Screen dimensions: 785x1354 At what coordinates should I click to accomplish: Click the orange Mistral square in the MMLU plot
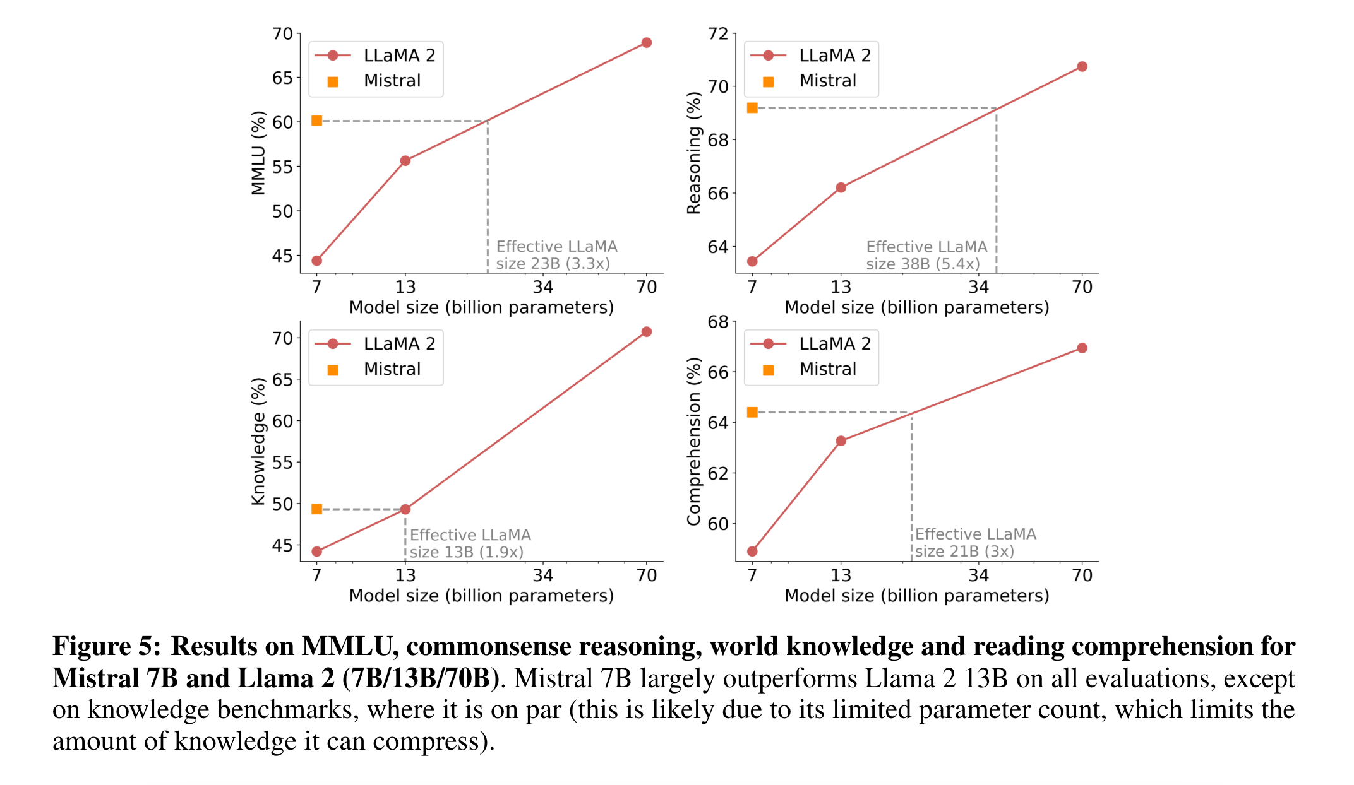[317, 121]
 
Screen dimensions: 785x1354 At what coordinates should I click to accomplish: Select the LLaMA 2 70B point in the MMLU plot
[646, 43]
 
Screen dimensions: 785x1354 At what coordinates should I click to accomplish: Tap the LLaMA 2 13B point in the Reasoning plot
[841, 187]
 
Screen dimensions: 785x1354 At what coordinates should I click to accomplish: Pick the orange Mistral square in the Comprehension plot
[752, 412]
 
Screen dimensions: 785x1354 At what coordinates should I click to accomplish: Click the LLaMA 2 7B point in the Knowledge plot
[317, 552]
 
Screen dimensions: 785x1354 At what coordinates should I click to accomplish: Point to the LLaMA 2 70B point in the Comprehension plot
[1082, 348]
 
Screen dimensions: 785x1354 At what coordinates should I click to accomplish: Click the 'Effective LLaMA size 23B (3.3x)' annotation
[556, 255]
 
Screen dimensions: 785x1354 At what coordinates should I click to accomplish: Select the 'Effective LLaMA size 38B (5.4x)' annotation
[926, 255]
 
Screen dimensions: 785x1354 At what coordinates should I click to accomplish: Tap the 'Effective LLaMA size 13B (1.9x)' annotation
[470, 543]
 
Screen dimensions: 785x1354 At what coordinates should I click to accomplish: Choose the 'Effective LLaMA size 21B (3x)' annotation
[975, 543]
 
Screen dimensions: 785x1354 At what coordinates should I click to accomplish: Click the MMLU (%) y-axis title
[258, 153]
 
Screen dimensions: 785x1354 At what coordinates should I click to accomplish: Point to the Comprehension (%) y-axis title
[694, 441]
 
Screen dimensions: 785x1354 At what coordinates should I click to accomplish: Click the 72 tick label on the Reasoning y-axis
[718, 33]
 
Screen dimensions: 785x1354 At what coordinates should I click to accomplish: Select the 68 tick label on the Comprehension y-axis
[718, 322]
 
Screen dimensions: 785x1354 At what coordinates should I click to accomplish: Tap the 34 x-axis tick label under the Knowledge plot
[542, 575]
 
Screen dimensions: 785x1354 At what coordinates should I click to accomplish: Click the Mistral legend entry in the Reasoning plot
[827, 81]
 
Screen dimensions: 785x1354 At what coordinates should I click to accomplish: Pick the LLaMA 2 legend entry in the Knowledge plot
[399, 344]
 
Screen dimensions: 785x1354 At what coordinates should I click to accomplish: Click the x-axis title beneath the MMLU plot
[481, 307]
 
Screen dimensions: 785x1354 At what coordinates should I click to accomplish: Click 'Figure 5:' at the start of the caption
[106, 646]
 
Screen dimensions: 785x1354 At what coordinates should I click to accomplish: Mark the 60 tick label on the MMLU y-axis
[282, 122]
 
